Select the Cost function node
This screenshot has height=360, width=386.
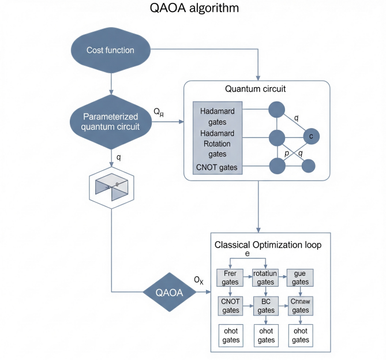click(110, 50)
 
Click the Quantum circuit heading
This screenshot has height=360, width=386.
click(256, 89)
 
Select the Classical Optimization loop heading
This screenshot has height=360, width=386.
click(268, 245)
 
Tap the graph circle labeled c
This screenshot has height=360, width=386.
click(310, 137)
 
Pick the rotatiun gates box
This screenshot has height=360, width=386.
click(266, 277)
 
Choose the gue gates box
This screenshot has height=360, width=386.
click(299, 277)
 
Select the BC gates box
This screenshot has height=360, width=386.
click(266, 306)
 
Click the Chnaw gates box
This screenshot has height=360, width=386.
click(299, 306)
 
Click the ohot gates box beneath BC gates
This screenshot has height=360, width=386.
click(266, 335)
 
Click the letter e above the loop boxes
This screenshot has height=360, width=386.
click(248, 254)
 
